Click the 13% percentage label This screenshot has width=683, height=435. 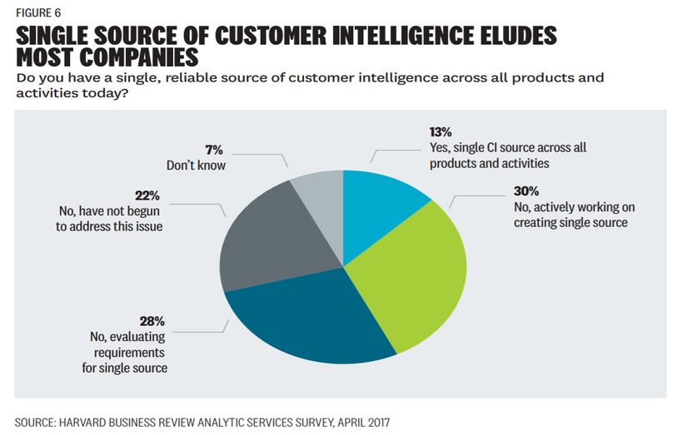[441, 132]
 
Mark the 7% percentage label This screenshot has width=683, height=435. [215, 150]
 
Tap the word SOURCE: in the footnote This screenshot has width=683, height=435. [40, 422]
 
